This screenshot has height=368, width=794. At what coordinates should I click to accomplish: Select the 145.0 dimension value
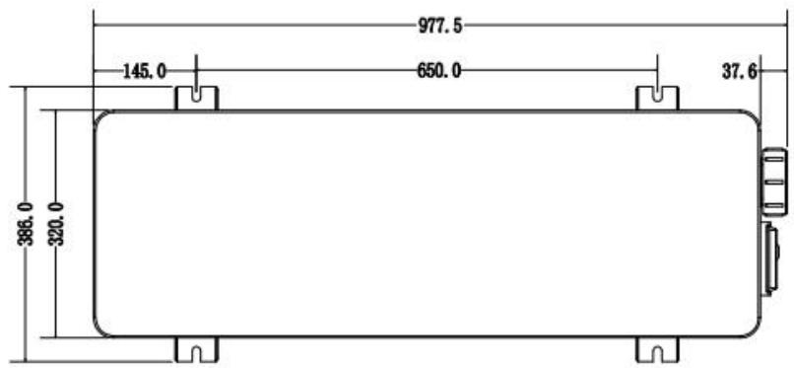145,71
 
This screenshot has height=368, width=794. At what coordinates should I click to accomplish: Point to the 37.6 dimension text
738,71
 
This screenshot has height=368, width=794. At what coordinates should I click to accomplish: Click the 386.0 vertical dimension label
27,224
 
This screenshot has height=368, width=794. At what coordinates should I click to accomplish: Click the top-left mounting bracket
196,98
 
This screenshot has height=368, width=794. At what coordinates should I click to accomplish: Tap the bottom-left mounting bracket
196,349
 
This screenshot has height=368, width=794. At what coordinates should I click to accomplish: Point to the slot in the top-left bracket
196,96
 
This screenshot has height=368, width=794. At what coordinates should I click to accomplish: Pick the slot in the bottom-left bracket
196,352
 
